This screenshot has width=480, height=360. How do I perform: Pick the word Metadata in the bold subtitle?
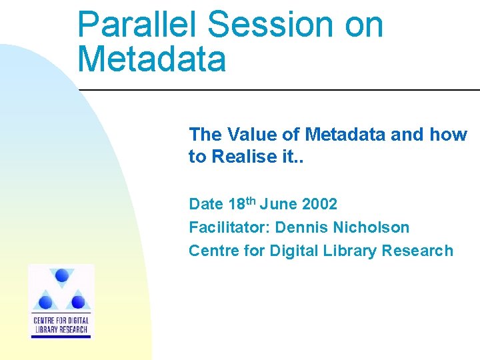pos(345,135)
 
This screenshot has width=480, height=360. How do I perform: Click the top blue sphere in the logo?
pos(62,275)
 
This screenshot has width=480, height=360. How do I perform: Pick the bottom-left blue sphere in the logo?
pos(46,302)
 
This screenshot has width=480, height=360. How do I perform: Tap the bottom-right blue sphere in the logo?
pos(78,302)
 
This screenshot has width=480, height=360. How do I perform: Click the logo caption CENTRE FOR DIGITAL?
pos(61,321)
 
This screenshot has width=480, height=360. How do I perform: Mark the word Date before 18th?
pos(205,204)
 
